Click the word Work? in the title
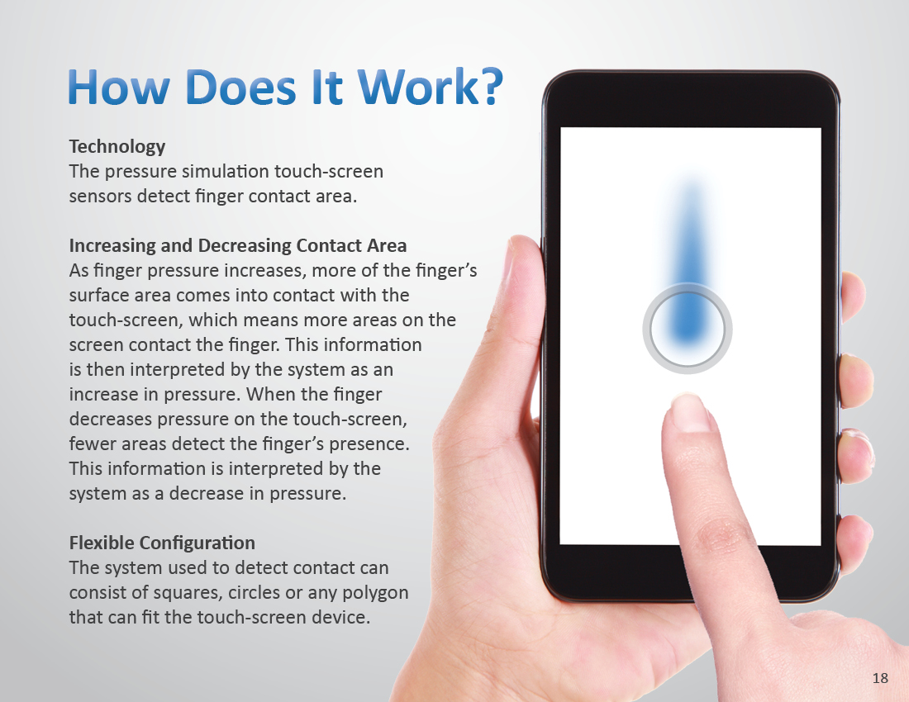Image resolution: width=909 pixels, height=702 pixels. [x=431, y=87]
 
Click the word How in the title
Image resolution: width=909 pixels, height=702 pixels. [x=119, y=87]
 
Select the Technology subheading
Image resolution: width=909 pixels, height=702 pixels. [x=117, y=147]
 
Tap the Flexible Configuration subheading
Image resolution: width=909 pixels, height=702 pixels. [x=162, y=543]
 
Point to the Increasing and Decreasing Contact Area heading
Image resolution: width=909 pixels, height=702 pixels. [x=238, y=245]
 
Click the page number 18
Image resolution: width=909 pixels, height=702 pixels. [x=880, y=678]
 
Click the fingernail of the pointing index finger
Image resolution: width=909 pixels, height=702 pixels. [x=688, y=412]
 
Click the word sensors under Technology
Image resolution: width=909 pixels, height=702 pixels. [x=100, y=197]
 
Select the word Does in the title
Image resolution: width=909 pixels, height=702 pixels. [x=241, y=87]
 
